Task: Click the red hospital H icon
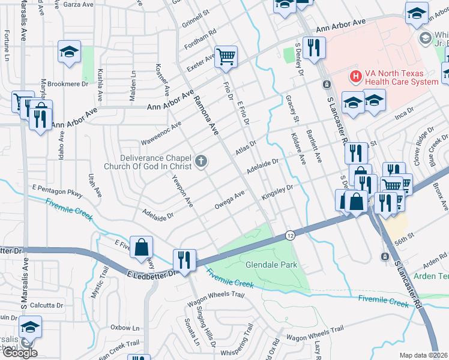coord(355,76)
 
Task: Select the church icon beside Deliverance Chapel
coord(201,161)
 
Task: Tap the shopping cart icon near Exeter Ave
coord(226,57)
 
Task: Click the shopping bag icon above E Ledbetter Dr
coord(142,247)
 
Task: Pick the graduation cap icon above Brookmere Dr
coord(70,52)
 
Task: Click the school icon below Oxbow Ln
coord(29,328)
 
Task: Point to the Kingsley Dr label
coord(277,193)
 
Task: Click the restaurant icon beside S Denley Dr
coord(313,49)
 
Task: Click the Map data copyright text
coord(423,355)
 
